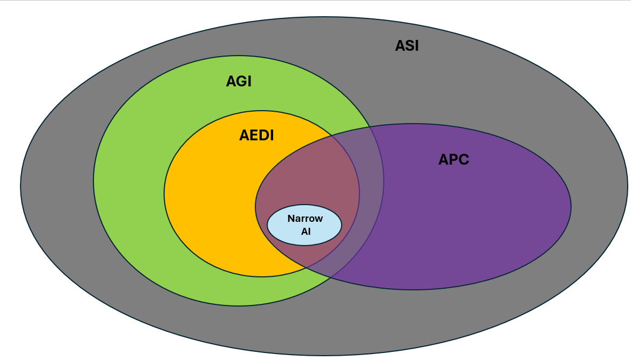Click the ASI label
pyautogui.click(x=406, y=46)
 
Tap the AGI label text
pyautogui.click(x=239, y=81)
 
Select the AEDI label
pyautogui.click(x=256, y=135)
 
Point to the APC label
pyautogui.click(x=453, y=160)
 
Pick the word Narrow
pyautogui.click(x=305, y=219)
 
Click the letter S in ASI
pyautogui.click(x=407, y=46)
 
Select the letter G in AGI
pyautogui.click(x=239, y=81)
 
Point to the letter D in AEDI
pyautogui.click(x=262, y=135)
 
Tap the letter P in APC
pyautogui.click(x=453, y=160)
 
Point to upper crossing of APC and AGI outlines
pyautogui.click(x=371, y=128)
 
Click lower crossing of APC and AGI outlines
pyautogui.click(x=330, y=279)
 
